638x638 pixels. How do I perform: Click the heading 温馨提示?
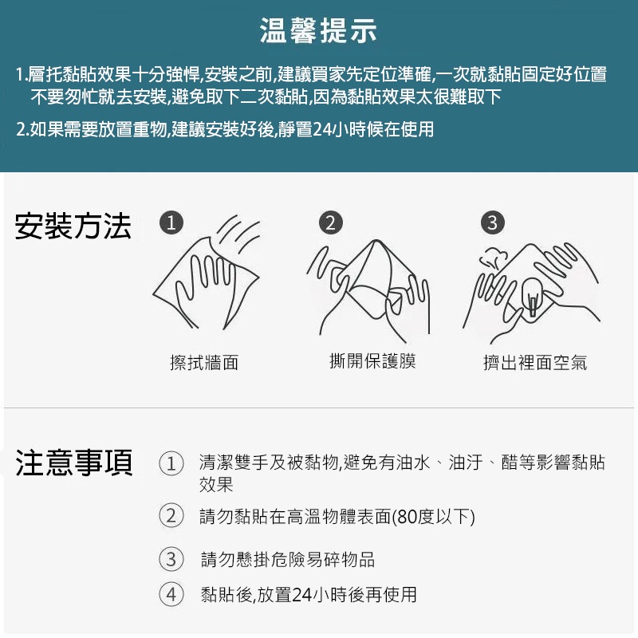coord(318,30)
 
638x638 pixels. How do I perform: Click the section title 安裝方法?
coord(73,226)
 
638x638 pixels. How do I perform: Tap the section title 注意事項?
coord(74,463)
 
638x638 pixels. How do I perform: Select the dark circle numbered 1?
coord(171,223)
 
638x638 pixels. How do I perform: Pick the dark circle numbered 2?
coord(331,223)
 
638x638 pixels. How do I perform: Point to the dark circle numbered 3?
coord(493,223)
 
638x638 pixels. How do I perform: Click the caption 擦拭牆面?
coord(204,363)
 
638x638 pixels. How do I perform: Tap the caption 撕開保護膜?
coord(372,361)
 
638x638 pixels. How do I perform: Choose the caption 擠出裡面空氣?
coord(535,363)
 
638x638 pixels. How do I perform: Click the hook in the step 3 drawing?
coord(533,297)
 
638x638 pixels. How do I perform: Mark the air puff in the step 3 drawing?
coord(494,258)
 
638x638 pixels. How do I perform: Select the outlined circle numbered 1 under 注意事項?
coord(171,463)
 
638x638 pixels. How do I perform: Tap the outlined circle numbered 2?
coord(171,516)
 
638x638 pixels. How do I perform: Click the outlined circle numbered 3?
coord(171,559)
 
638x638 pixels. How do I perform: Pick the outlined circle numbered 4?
coord(171,594)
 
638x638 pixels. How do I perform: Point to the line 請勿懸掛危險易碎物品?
coord(288,560)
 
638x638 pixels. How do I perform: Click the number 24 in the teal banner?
coord(323,130)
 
